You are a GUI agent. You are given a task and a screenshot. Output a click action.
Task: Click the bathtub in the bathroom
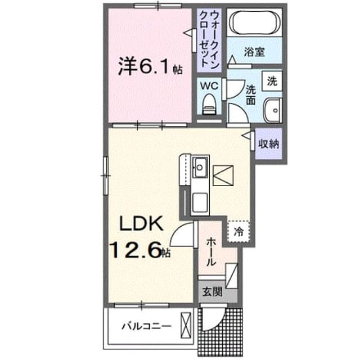255,23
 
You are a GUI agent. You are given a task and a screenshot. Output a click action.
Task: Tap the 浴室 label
254,52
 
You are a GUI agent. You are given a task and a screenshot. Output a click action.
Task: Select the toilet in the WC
209,104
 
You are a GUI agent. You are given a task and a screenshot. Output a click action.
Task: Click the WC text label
209,86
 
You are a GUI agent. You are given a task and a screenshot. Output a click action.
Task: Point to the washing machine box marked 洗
272,81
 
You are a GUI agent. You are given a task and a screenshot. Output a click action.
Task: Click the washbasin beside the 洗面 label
272,110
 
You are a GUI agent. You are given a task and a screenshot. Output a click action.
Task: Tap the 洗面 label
251,95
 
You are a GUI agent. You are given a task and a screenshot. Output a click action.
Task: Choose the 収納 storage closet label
269,144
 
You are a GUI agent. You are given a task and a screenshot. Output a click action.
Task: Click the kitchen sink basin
200,168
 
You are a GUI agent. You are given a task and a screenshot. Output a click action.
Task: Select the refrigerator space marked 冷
238,232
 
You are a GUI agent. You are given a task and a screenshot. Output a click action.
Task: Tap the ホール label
211,252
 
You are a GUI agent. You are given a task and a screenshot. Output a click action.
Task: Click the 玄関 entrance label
213,292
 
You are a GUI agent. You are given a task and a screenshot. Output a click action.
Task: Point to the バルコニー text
146,326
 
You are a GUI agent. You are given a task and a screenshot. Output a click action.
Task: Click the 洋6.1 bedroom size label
150,66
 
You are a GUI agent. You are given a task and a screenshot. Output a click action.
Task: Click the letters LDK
141,223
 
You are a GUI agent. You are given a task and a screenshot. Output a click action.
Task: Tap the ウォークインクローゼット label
209,39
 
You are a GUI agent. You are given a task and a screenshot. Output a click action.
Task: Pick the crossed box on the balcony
186,325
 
